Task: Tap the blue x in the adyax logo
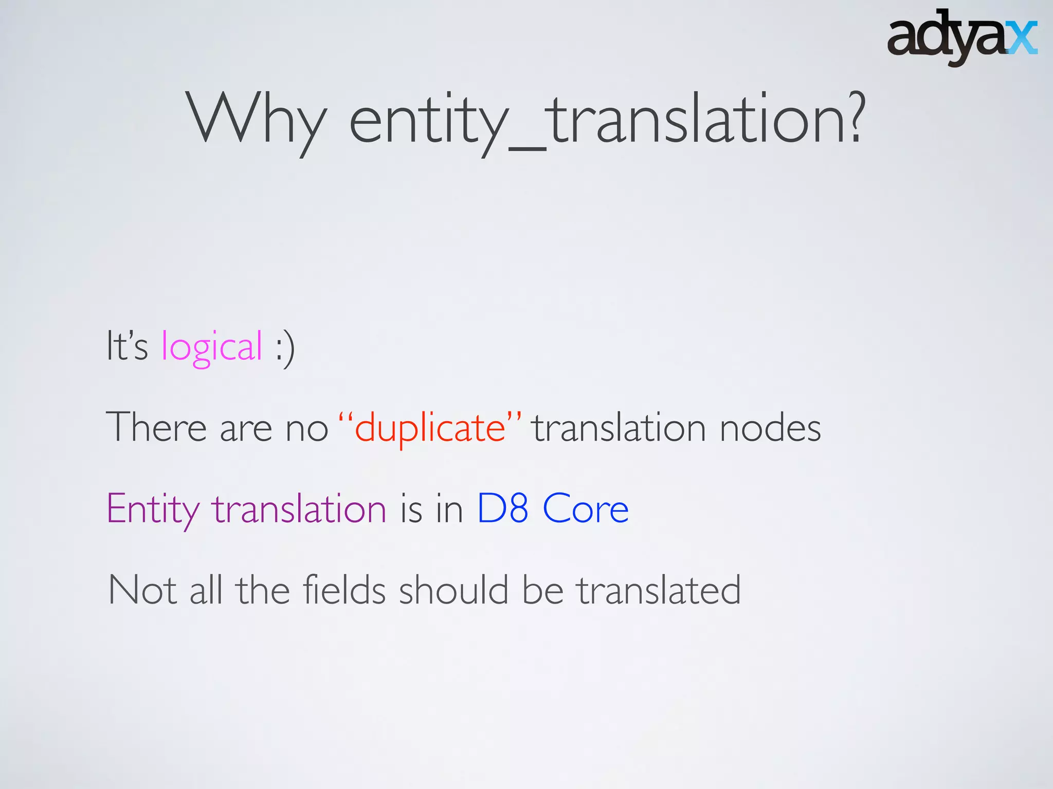(1022, 38)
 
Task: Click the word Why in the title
(256, 121)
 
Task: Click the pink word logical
(212, 347)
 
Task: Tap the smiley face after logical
(285, 347)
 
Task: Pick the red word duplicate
(430, 428)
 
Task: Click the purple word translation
(300, 509)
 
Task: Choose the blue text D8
(502, 509)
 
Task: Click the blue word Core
(586, 509)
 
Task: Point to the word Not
(143, 590)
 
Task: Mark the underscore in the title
(528, 149)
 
